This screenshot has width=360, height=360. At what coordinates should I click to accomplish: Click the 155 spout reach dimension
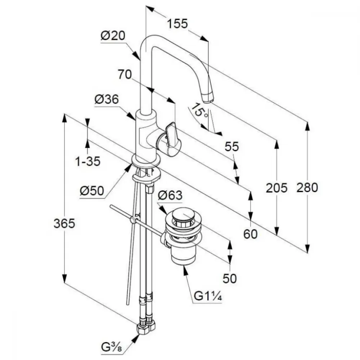pyautogui.click(x=177, y=24)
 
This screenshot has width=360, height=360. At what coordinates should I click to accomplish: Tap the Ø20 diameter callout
pyautogui.click(x=113, y=36)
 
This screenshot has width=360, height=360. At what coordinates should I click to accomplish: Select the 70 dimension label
pyautogui.click(x=125, y=75)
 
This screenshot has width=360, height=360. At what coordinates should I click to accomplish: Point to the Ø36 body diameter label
pyautogui.click(x=107, y=99)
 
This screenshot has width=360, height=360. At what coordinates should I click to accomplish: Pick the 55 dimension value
pyautogui.click(x=232, y=147)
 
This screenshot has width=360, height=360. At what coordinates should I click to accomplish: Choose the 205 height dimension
pyautogui.click(x=276, y=188)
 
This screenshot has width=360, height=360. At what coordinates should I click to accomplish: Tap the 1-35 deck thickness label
pyautogui.click(x=88, y=161)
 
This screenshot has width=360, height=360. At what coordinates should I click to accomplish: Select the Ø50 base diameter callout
pyautogui.click(x=92, y=191)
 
